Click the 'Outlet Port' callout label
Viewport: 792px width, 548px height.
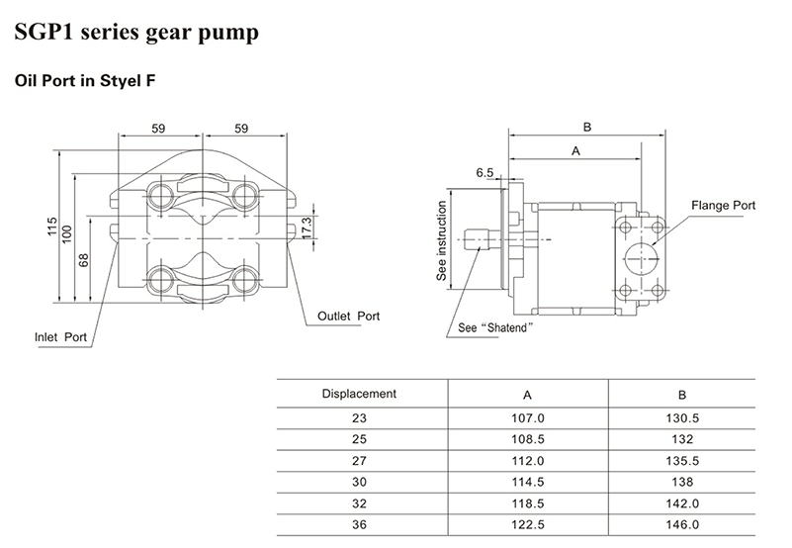point(349,318)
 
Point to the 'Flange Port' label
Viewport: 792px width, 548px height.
point(723,206)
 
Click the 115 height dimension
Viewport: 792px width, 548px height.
point(51,228)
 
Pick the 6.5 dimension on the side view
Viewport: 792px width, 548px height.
point(484,173)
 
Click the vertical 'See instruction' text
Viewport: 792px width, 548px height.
point(443,241)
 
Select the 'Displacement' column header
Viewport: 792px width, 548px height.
point(360,394)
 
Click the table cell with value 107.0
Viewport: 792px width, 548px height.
point(528,418)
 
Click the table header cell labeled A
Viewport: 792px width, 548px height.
point(528,394)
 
